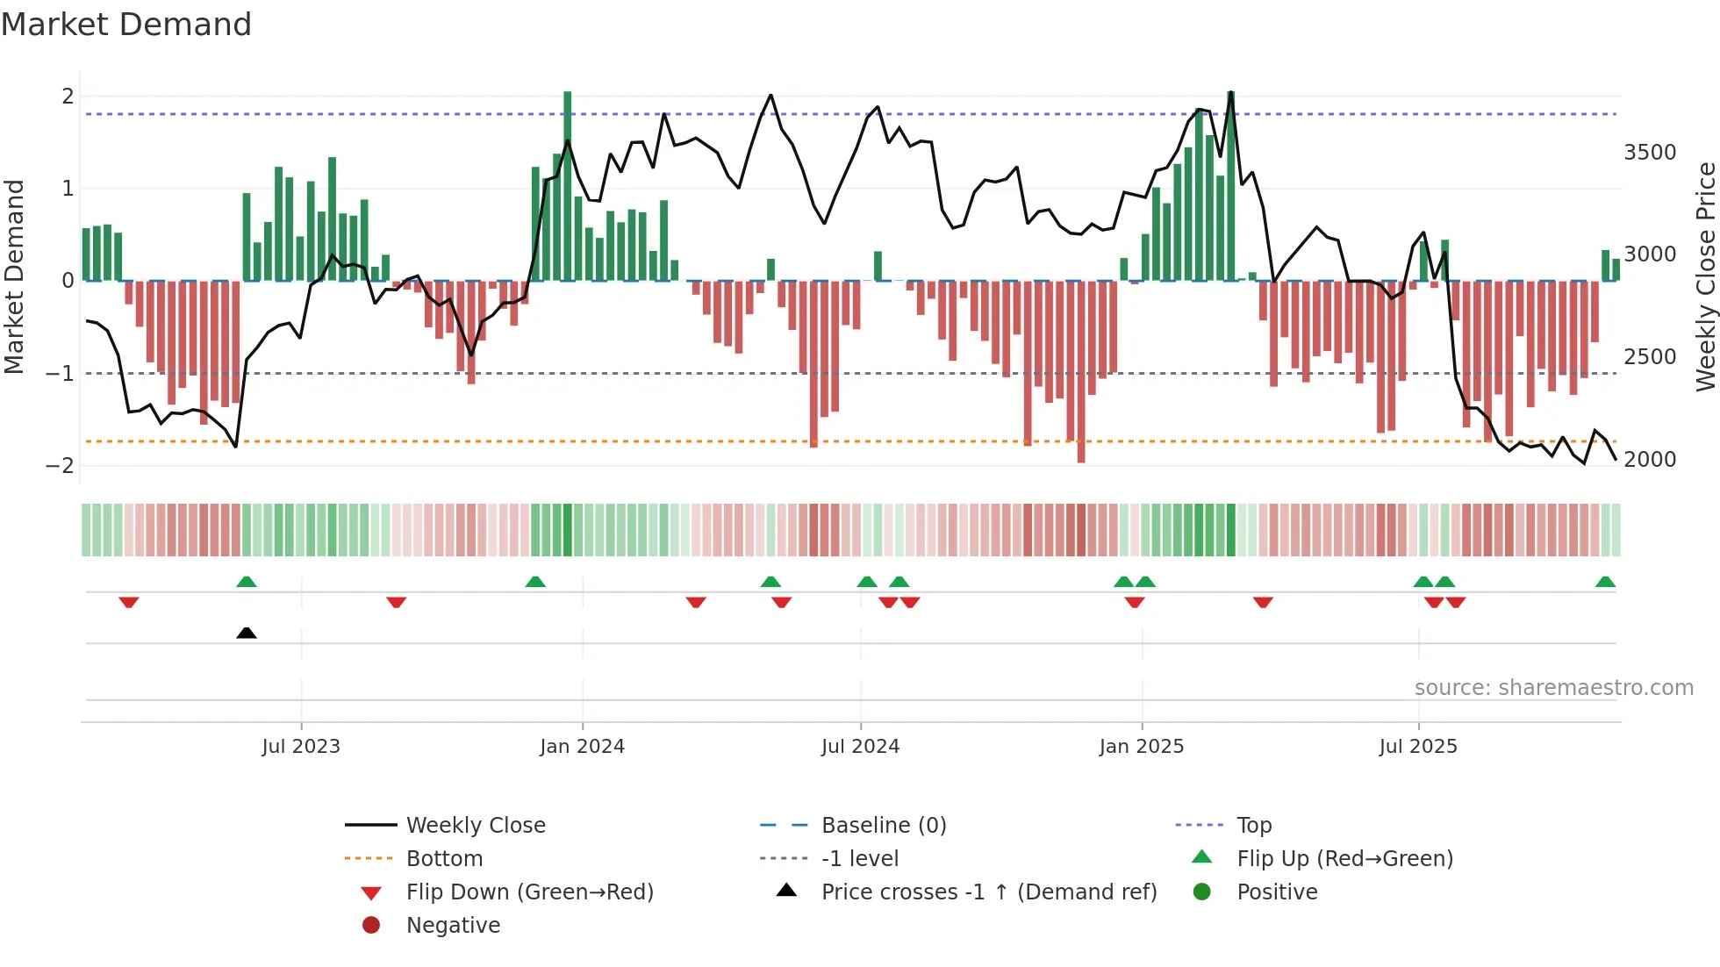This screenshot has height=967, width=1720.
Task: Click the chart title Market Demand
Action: (126, 25)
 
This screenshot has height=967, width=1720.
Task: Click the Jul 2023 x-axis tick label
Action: (301, 747)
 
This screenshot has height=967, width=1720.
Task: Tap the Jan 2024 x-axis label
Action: (582, 747)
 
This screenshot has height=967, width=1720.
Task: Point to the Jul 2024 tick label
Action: (860, 747)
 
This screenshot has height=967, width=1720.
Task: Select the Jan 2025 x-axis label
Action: (1141, 747)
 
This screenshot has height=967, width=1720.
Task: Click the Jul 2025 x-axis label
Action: (1418, 747)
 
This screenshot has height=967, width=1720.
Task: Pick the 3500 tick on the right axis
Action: (1650, 153)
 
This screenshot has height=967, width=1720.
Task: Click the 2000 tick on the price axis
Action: (1650, 460)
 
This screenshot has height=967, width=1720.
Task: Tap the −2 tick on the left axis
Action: (60, 466)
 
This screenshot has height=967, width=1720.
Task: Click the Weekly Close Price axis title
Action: (1706, 276)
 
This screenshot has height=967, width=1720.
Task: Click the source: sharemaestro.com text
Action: (1553, 688)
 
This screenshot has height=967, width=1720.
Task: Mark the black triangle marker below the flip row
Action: (247, 634)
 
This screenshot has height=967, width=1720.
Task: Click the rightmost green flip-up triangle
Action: (1605, 582)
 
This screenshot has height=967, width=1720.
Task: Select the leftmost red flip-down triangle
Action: (129, 602)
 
